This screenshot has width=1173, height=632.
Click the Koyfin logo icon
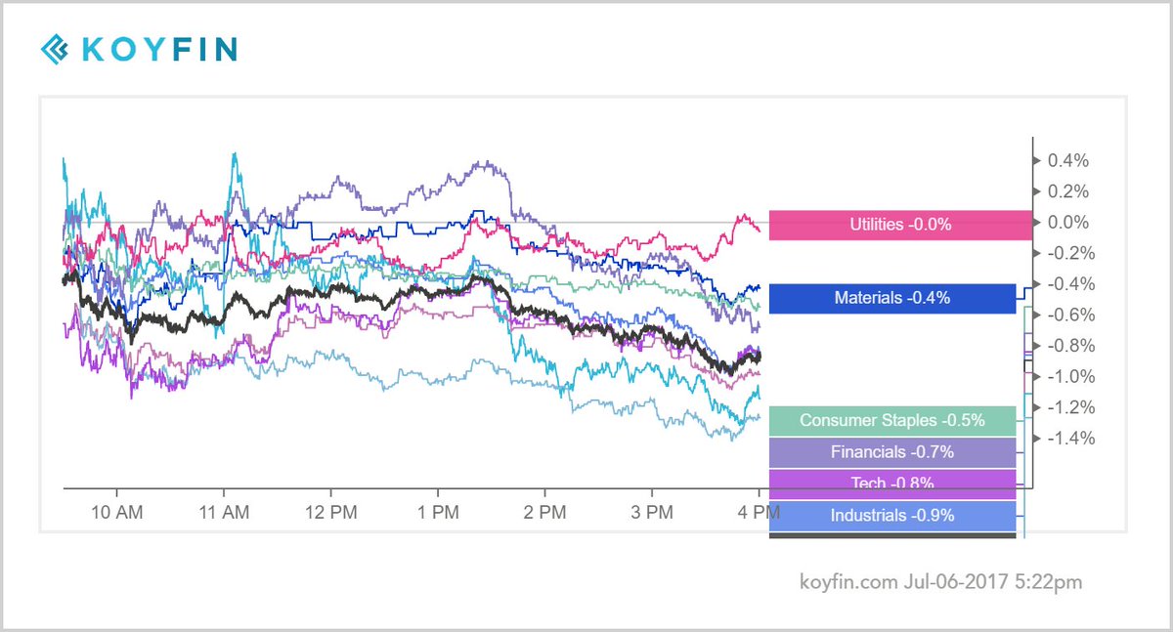click(56, 48)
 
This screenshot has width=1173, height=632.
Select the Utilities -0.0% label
click(900, 225)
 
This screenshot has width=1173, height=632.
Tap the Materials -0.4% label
click(891, 298)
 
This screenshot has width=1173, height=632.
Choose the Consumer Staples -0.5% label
click(891, 421)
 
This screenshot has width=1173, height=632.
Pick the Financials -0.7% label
click(891, 452)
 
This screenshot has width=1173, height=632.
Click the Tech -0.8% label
click(891, 483)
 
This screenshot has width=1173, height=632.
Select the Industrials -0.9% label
click(891, 515)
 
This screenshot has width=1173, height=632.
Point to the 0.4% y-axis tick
click(1067, 160)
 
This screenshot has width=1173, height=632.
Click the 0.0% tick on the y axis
click(1067, 223)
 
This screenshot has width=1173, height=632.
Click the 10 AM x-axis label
click(116, 514)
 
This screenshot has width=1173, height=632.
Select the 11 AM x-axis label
click(224, 514)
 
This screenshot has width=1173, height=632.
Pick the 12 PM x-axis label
click(330, 514)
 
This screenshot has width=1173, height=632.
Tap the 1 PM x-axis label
click(437, 514)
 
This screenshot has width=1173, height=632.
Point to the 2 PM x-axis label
click(544, 514)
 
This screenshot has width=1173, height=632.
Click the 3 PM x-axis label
click(651, 514)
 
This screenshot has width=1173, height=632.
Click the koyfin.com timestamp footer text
click(939, 582)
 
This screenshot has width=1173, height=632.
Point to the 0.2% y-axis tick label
click(1067, 191)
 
